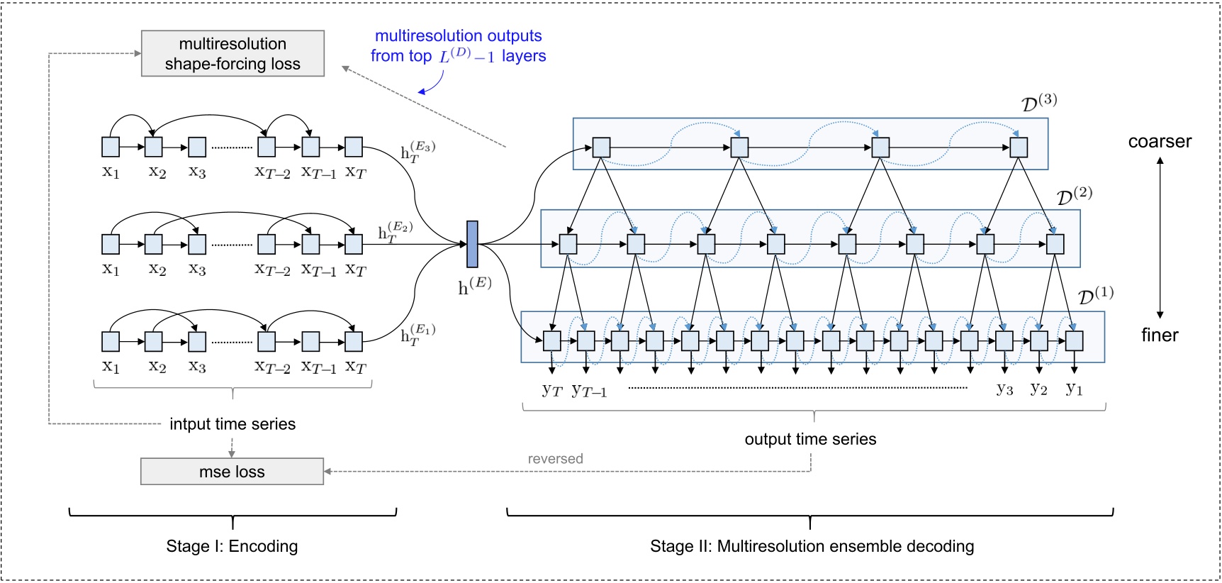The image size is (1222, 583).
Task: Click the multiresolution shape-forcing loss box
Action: pyautogui.click(x=232, y=53)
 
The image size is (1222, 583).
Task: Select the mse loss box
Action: pyautogui.click(x=232, y=472)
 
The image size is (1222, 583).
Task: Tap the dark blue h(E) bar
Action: pyautogui.click(x=472, y=244)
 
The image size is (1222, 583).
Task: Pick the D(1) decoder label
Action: pyautogui.click(x=1095, y=295)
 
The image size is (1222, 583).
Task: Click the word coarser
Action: pyautogui.click(x=1160, y=141)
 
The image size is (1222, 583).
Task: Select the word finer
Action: pyautogui.click(x=1160, y=335)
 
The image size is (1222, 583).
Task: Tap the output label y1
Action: pyautogui.click(x=1074, y=389)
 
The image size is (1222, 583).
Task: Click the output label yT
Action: pyautogui.click(x=551, y=389)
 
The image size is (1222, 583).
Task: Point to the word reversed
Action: pyautogui.click(x=555, y=459)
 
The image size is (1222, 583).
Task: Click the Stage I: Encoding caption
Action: pyautogui.click(x=232, y=546)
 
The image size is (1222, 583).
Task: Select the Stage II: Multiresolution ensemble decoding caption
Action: pyautogui.click(x=812, y=546)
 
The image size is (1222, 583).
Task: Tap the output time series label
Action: pyautogui.click(x=810, y=439)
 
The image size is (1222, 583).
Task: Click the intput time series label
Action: pyautogui.click(x=232, y=424)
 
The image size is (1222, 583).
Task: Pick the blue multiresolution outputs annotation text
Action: pyautogui.click(x=458, y=46)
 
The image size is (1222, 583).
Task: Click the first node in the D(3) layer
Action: pyautogui.click(x=601, y=148)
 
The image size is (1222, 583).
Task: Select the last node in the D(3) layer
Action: pyautogui.click(x=1018, y=148)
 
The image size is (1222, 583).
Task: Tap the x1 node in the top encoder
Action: pyautogui.click(x=111, y=148)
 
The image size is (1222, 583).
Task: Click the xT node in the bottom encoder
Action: pyautogui.click(x=354, y=342)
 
